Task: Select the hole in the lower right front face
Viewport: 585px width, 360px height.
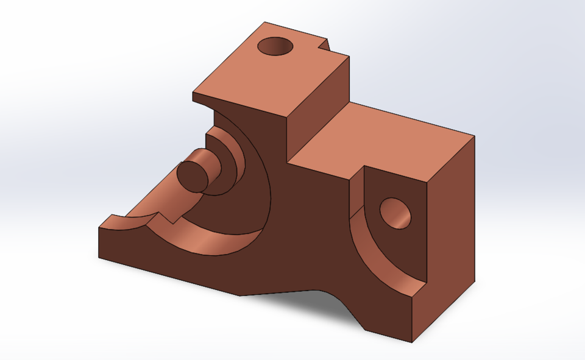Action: coord(395,213)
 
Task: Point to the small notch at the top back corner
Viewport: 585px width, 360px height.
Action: coord(325,45)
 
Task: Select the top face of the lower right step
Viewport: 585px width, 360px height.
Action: coord(390,140)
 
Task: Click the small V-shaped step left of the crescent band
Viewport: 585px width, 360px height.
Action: coord(166,217)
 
